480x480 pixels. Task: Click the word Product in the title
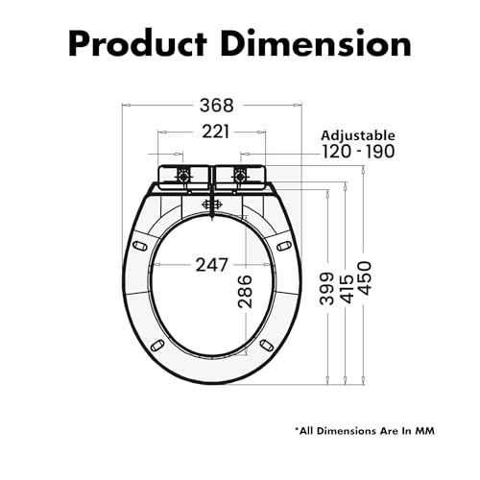coord(138,44)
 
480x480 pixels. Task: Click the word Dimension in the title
coord(316,43)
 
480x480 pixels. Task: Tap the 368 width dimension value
coord(217,106)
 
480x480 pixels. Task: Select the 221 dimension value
coord(216,132)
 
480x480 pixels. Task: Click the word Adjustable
coord(358,135)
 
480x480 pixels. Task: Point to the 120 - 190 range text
coord(358,152)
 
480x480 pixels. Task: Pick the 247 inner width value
coord(212,265)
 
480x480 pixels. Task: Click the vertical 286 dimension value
coord(245,291)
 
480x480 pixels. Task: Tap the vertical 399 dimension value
coord(327,288)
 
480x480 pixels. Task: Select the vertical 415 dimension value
coord(348,288)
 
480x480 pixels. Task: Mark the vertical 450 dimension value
coord(365,278)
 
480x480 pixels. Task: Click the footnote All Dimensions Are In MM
coord(365,431)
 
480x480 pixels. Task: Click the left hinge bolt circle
coord(183,176)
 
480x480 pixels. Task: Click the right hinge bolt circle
coord(239,176)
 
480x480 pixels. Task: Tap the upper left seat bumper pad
coord(140,246)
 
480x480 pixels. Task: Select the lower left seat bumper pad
coord(157,346)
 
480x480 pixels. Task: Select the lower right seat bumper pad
coord(266,345)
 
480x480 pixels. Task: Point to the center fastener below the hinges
coord(211,204)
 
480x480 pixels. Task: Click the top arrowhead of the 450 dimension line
coord(363,169)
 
